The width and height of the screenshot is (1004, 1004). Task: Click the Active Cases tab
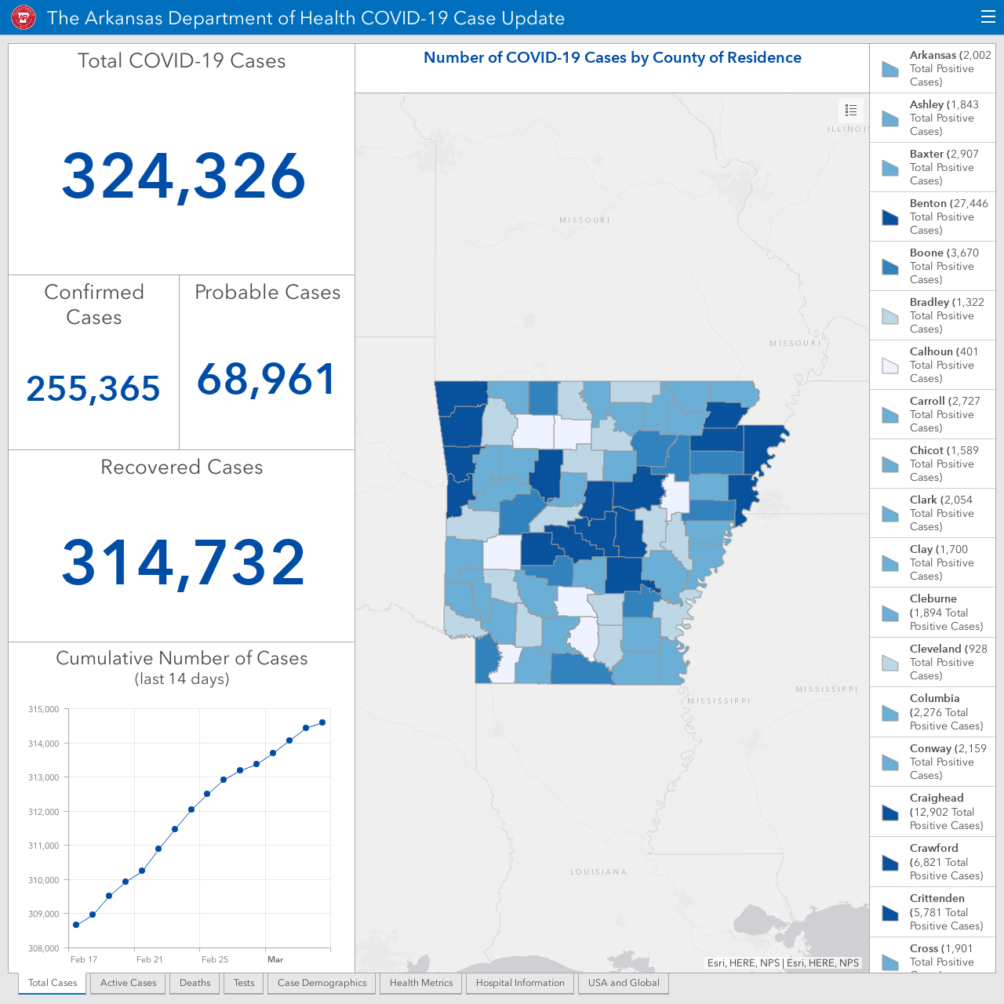(128, 983)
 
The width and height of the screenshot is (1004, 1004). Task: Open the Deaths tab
(195, 983)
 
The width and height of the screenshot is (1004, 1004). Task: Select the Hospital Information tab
(520, 983)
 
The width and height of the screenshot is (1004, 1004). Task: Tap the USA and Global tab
(624, 983)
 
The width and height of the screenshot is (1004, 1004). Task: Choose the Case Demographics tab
(322, 983)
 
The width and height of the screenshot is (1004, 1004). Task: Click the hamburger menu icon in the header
(988, 17)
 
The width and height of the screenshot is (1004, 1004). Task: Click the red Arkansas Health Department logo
(24, 18)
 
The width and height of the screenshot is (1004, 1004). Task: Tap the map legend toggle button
(851, 110)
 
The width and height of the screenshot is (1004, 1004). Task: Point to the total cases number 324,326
(184, 176)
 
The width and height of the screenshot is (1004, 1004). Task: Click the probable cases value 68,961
(266, 379)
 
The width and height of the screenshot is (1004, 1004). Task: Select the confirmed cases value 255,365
(93, 389)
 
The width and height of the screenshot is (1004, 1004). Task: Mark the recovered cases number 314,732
(184, 563)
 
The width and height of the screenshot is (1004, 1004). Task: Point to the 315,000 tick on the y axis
(44, 709)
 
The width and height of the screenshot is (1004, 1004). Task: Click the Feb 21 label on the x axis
(150, 959)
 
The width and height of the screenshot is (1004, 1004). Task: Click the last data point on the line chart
(322, 722)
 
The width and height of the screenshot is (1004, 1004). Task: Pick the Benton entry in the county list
(933, 216)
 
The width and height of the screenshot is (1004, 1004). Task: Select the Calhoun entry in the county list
(933, 365)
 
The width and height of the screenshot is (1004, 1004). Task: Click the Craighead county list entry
(933, 811)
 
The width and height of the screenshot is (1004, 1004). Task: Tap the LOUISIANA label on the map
(598, 871)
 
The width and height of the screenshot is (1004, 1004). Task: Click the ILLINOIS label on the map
(848, 129)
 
